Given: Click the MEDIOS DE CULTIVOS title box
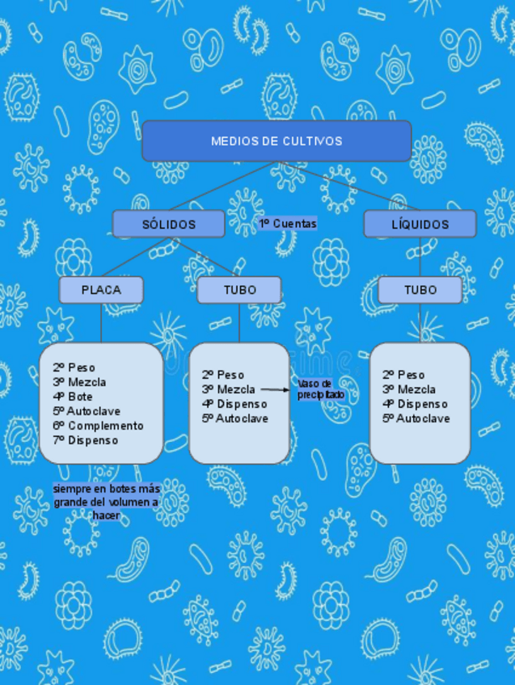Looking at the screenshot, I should coord(276,141).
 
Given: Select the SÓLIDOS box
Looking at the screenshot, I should coord(168,225).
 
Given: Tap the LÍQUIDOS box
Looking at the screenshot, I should coord(420,225).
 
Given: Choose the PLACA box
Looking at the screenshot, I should coord(101,290).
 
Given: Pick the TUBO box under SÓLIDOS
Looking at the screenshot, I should coord(239,290).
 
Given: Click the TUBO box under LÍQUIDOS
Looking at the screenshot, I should coord(420,290).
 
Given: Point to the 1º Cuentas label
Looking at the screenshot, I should coord(288,224).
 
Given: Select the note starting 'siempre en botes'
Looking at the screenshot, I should coord(106,502).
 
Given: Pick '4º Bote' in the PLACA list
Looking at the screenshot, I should coord(73,397).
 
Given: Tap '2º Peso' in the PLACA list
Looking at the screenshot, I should coord(74,368).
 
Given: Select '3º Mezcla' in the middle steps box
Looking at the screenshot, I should coord(228,389).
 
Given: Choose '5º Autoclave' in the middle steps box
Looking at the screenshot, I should coord(235,418).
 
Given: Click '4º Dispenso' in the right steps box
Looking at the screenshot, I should coord(415,404).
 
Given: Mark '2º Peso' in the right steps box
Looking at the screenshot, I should coord(403,375).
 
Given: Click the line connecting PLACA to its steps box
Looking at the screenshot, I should coord(101,323).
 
